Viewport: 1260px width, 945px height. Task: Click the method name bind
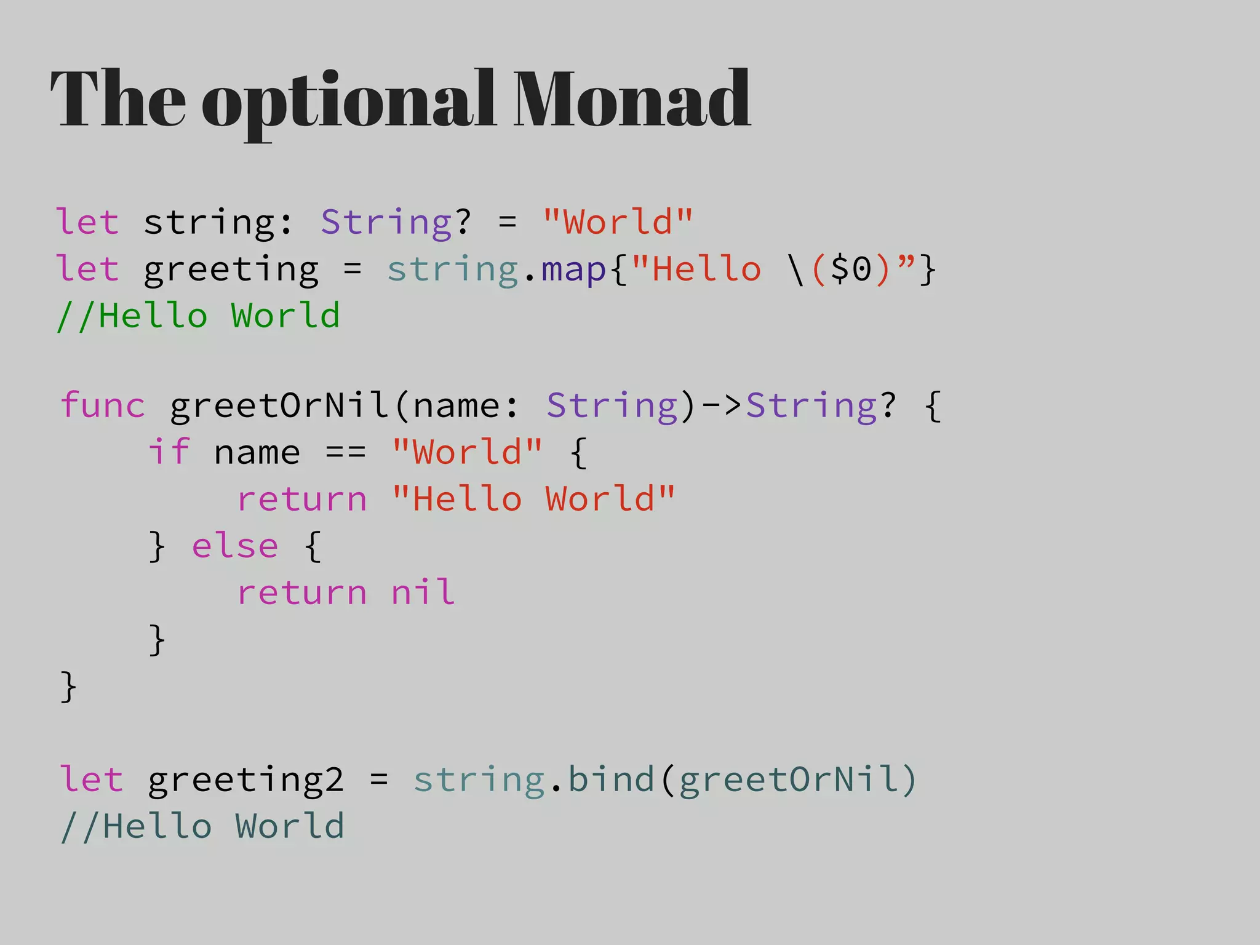(611, 780)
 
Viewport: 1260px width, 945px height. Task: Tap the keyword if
(169, 452)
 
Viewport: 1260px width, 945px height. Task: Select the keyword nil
(423, 592)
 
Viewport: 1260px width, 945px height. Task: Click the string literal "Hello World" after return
(533, 499)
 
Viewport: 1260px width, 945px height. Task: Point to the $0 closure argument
(851, 269)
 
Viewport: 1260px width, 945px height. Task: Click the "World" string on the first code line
(618, 222)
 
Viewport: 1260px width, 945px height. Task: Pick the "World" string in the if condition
(467, 452)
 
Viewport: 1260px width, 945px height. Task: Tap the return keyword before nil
(302, 592)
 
